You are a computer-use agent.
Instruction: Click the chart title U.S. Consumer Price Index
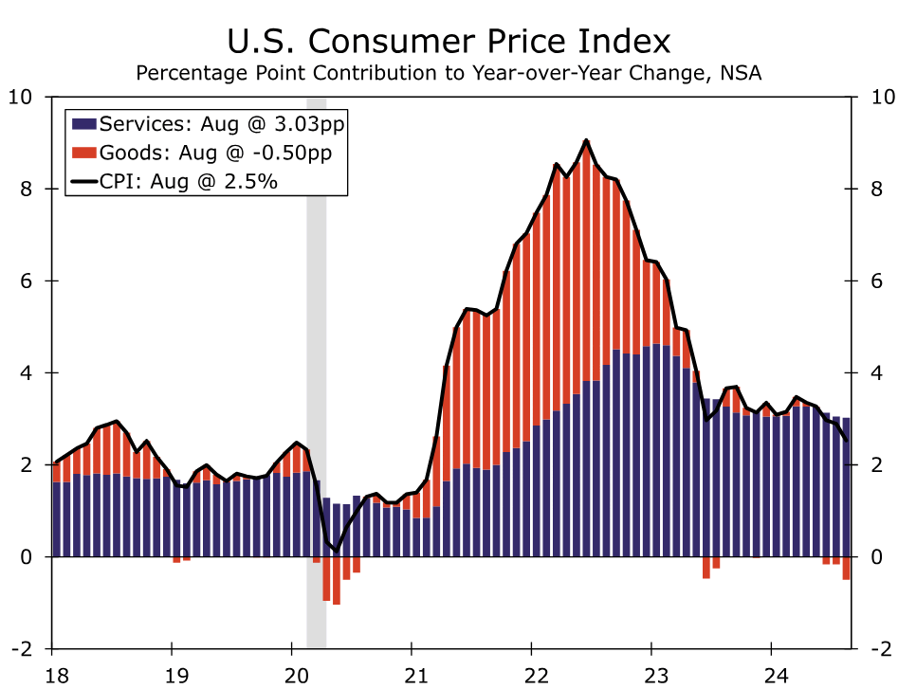pos(449,42)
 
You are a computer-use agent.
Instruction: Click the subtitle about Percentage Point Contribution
pos(449,73)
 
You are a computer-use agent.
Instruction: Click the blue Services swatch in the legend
pos(83,124)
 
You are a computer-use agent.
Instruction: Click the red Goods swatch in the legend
pos(83,153)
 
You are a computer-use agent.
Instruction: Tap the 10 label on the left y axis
pos(21,97)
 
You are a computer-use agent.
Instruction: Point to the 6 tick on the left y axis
pos(27,281)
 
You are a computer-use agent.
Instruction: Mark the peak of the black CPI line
pos(587,140)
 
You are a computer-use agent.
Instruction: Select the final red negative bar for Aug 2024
pos(846,568)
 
